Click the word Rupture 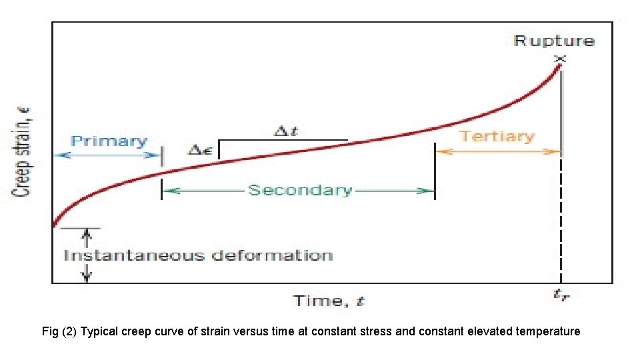coord(554,41)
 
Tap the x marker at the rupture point coord(560,59)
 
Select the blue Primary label coord(109,141)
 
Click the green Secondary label coord(299,190)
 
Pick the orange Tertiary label coord(497,137)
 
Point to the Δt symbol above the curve coord(286,131)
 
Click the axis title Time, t coord(329,301)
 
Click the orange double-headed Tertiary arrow coord(497,151)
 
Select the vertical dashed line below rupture coord(561,220)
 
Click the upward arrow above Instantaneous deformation coord(86,237)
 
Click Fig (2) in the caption coord(59,331)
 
